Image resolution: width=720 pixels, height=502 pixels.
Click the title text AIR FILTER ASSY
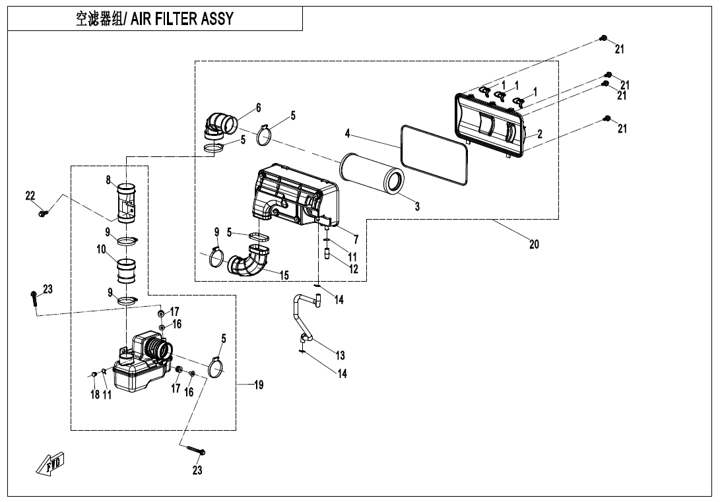[181, 18]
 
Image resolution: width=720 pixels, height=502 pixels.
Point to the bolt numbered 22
[43, 213]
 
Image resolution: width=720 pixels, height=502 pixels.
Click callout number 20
[534, 245]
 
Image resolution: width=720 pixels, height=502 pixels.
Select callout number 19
[259, 385]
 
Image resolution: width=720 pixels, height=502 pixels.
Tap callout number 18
[94, 394]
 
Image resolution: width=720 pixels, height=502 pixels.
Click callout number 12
[353, 269]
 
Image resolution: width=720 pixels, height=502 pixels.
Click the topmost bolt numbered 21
[603, 39]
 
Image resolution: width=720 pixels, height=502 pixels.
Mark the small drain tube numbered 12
[327, 253]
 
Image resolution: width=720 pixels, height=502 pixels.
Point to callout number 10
[102, 250]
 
